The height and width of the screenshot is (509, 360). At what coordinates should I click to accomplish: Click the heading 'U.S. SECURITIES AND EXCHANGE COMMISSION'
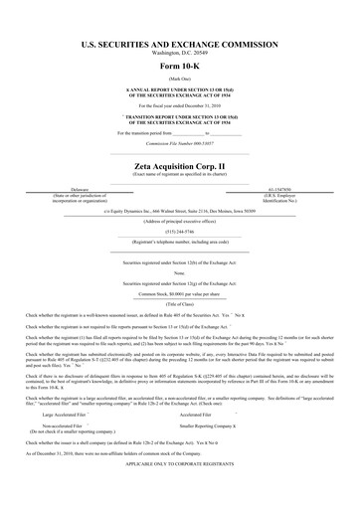point(180,44)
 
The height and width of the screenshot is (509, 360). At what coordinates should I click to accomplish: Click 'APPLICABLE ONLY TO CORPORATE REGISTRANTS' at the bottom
point(180,490)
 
